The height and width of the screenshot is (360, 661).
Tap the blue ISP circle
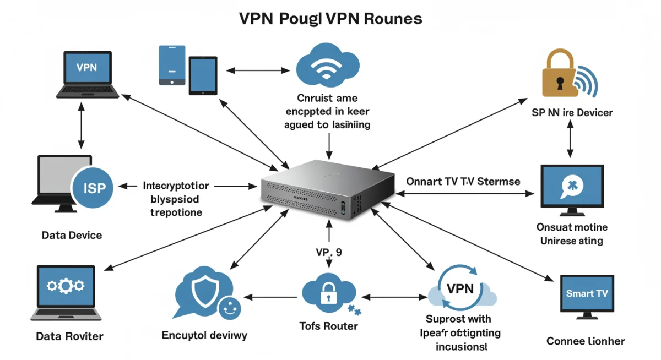point(92,188)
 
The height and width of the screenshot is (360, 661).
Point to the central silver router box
point(328,190)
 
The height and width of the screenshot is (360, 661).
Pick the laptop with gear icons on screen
point(66,292)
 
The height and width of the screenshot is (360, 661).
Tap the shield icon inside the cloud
point(200,292)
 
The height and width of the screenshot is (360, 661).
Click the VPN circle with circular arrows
point(460,289)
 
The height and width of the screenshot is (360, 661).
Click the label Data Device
point(72,235)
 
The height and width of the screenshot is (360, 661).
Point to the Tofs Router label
point(329,326)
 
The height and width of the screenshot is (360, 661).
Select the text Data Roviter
point(69,336)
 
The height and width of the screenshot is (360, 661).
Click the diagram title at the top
point(330,19)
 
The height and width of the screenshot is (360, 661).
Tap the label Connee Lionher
point(586,341)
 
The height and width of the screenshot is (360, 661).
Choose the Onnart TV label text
point(463,181)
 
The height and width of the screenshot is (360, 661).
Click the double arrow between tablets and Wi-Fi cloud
point(258,70)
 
